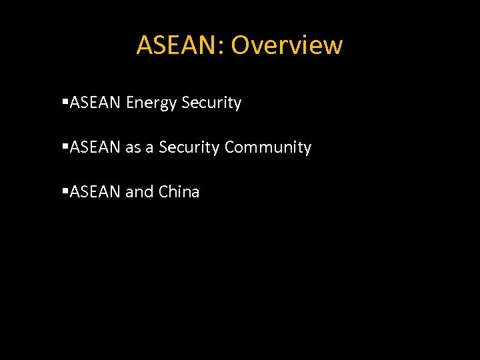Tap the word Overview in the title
(x=287, y=45)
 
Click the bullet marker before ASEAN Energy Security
(x=65, y=103)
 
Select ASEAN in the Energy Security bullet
(x=95, y=103)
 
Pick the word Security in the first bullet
(x=211, y=103)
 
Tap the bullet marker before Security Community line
(x=65, y=147)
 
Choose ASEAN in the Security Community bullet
(x=95, y=147)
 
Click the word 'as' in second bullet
(x=133, y=148)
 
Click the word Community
(x=268, y=148)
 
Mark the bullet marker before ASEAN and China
(x=65, y=192)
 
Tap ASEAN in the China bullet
(x=95, y=192)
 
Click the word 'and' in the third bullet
(x=139, y=192)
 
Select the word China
(x=179, y=192)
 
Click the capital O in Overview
(x=241, y=45)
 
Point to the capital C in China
(x=164, y=192)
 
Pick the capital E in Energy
(x=129, y=103)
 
